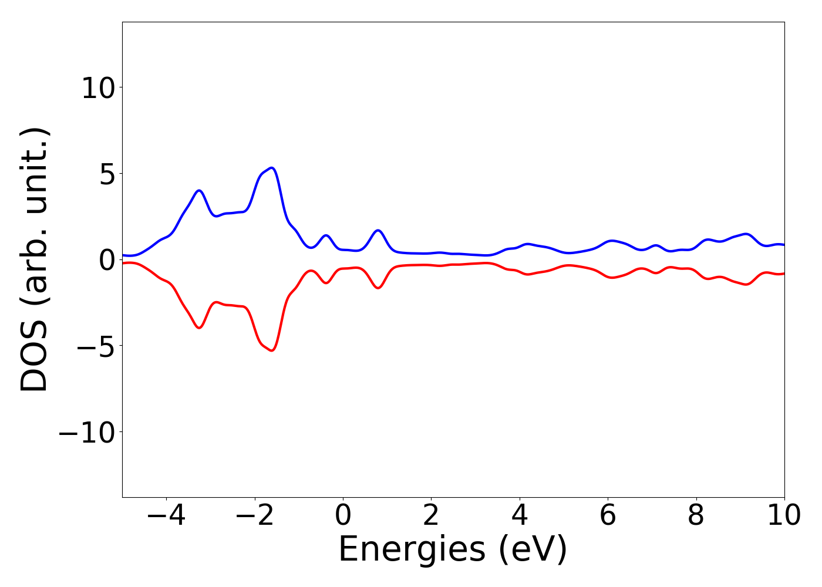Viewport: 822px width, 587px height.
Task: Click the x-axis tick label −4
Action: tap(166, 515)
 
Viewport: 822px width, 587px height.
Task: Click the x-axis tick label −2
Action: tap(254, 515)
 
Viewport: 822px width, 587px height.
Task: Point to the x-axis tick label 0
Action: tap(343, 515)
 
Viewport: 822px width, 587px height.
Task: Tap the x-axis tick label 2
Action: tap(431, 515)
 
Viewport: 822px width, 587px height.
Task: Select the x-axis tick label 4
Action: tap(520, 515)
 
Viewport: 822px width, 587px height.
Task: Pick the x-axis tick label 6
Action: tap(608, 515)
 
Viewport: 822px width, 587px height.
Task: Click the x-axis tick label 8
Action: tap(696, 515)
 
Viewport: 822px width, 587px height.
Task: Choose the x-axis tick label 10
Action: tap(783, 515)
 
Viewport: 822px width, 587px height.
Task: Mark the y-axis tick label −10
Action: tap(87, 433)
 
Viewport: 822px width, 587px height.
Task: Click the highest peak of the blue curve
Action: tap(271, 168)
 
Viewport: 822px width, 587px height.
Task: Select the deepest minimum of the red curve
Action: tap(271, 350)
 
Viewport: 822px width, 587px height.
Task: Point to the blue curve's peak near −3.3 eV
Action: tap(200, 190)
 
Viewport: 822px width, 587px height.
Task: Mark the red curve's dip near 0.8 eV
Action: tap(378, 288)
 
